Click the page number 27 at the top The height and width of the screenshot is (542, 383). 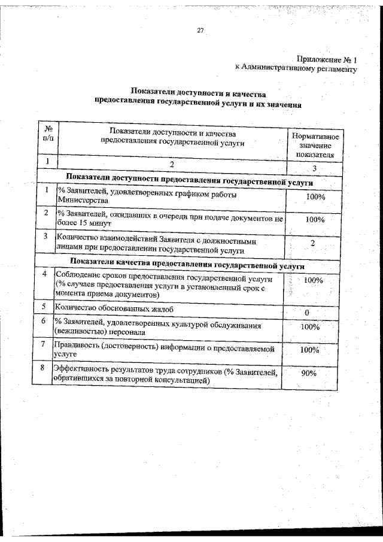(x=200, y=31)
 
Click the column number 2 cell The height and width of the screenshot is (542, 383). (x=172, y=163)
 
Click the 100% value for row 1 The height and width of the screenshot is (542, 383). (x=315, y=197)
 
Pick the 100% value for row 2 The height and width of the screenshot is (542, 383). (x=314, y=220)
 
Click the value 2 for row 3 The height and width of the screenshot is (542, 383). (x=313, y=242)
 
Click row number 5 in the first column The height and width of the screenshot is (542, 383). (x=44, y=306)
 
